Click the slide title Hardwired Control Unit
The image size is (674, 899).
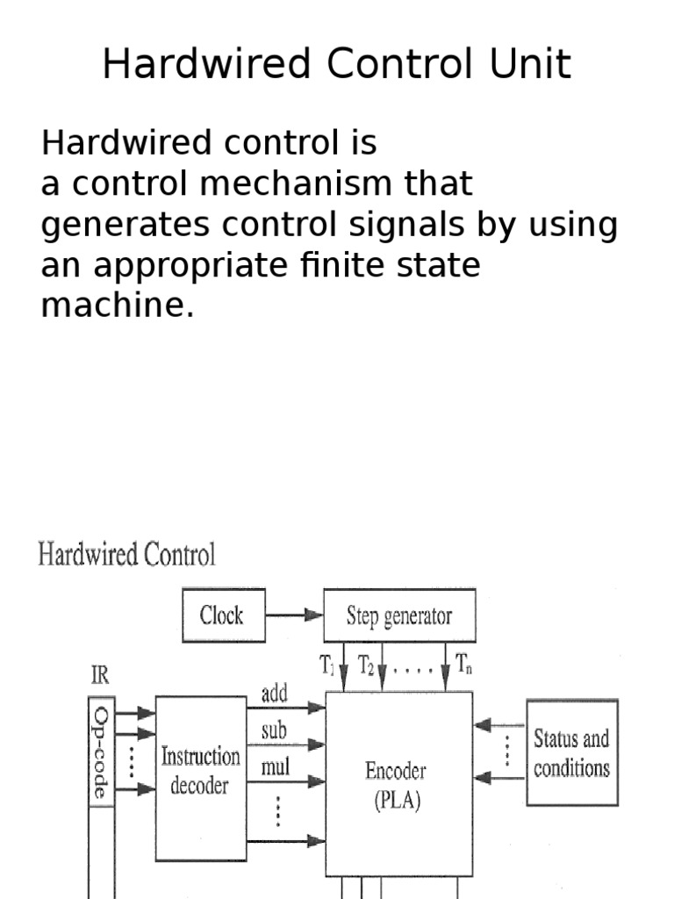pos(337,65)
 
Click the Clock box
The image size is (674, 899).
pos(223,615)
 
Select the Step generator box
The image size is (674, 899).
pos(399,615)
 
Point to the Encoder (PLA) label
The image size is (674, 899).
pos(396,787)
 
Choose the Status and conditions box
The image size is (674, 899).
pos(571,752)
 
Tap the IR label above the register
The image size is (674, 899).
pos(101,676)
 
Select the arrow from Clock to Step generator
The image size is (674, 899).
pos(295,615)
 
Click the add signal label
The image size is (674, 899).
pos(275,694)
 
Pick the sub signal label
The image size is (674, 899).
pos(274,730)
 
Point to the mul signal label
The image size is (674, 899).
pos(276,768)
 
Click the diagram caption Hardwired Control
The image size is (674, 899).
pos(126,556)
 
